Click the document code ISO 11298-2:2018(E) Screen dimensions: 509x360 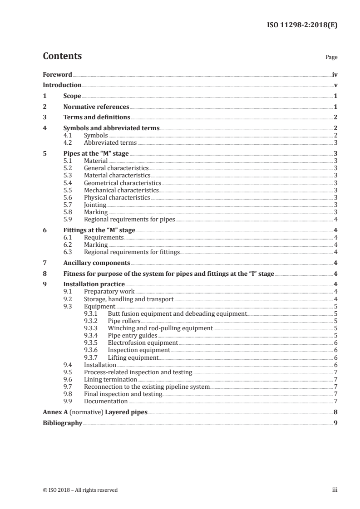tap(301, 25)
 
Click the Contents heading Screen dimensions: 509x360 tap(62, 56)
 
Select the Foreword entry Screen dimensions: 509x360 tap(57, 74)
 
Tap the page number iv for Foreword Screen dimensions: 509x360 tap(335, 74)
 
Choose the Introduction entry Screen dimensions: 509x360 tap(62, 85)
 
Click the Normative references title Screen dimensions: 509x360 tap(96, 107)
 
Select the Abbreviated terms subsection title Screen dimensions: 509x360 tap(110, 142)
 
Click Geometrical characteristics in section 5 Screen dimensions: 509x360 tap(123, 183)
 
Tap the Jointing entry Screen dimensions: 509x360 tap(95, 205)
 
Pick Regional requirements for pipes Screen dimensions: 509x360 tap(129, 219)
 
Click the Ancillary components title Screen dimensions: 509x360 tap(97, 263)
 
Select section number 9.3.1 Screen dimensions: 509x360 tap(92, 313)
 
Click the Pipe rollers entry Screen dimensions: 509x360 tap(124, 321)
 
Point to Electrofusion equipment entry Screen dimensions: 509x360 tap(143, 343)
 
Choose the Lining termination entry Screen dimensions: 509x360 tap(110, 379)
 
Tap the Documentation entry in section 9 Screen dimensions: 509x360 tap(106, 401)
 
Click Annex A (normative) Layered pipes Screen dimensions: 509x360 tap(95, 412)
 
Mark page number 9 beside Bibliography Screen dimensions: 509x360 tap(335, 423)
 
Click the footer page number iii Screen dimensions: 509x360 tap(335, 490)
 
